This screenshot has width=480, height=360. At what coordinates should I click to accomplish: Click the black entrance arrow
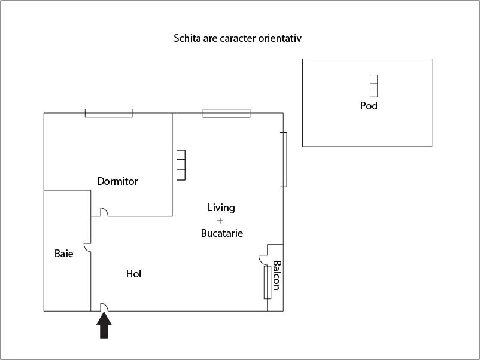[x=104, y=327]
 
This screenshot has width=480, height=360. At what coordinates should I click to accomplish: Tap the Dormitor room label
[x=117, y=181]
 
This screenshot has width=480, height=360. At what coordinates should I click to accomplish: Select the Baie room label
[x=64, y=254]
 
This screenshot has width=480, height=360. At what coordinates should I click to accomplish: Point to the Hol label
[x=133, y=274]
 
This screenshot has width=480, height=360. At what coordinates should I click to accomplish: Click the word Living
[x=221, y=208]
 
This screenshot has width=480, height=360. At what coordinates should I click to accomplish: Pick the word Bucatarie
[x=222, y=233]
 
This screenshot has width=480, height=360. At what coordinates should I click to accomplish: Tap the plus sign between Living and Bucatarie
[x=221, y=221]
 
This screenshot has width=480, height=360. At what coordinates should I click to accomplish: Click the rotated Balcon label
[x=277, y=275]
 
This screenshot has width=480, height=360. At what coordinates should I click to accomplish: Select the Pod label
[x=369, y=106]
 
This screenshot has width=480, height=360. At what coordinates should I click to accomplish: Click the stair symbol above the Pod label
[x=373, y=86]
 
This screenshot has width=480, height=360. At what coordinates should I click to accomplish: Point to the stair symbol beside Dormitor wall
[x=181, y=165]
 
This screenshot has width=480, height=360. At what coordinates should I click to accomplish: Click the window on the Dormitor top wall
[x=108, y=113]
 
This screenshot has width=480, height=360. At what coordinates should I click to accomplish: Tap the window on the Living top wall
[x=226, y=113]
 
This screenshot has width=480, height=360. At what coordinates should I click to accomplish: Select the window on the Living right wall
[x=283, y=159]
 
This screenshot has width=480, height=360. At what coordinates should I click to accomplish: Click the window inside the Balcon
[x=267, y=282]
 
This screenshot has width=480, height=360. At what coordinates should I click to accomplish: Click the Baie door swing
[x=87, y=246]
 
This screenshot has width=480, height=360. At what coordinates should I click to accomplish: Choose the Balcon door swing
[x=263, y=258]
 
